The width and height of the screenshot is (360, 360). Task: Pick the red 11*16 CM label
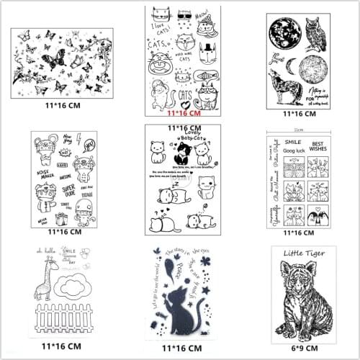[183, 113]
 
